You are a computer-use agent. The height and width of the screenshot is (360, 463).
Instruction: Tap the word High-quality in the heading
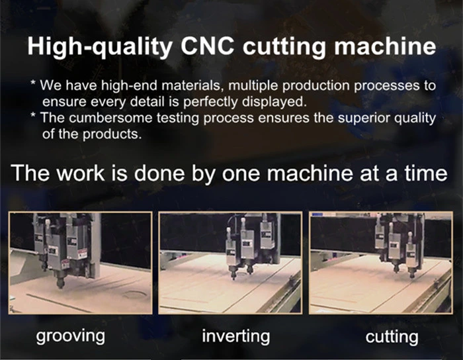pos(100,47)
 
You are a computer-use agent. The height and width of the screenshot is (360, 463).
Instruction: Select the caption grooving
pos(71,336)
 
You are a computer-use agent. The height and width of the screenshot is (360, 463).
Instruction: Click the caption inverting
pos(236,336)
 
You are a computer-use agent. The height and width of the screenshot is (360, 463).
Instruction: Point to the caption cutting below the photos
pos(392,337)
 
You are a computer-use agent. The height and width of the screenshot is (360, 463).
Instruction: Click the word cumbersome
pos(110,118)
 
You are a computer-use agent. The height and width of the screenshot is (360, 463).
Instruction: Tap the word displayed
pos(273,102)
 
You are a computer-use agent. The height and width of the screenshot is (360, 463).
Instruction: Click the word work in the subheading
pos(81,173)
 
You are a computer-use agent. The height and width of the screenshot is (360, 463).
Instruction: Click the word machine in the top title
pos(385,46)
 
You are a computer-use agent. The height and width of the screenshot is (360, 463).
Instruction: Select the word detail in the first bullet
pos(147,102)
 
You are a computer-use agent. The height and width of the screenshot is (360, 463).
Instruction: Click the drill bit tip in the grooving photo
pos(60,286)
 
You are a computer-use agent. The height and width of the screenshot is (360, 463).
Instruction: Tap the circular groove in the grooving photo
pos(135,294)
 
